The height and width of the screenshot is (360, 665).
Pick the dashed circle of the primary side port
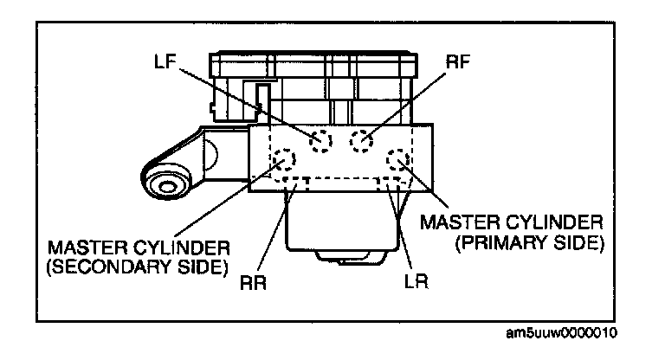click(x=398, y=159)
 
